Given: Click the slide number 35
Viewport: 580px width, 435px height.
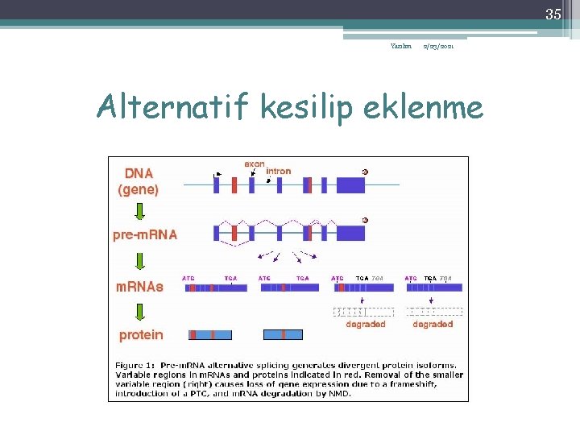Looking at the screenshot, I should click(x=553, y=14).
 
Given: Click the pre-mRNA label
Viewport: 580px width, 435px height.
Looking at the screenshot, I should click(x=144, y=234).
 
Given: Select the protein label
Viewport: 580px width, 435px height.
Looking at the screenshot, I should click(x=141, y=334).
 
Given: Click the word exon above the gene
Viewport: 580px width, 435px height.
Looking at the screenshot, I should click(x=254, y=164).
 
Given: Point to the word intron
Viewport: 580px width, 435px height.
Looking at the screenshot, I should click(x=278, y=171).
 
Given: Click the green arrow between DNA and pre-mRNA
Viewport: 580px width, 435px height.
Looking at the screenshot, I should click(x=139, y=211).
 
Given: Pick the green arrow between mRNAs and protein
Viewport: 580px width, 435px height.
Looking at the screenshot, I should click(x=139, y=311).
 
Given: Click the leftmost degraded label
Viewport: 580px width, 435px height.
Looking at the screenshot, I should click(x=365, y=324).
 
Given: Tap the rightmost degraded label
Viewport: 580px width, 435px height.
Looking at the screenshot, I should click(x=433, y=324).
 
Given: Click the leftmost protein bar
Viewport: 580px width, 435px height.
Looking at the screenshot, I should click(x=210, y=334).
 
